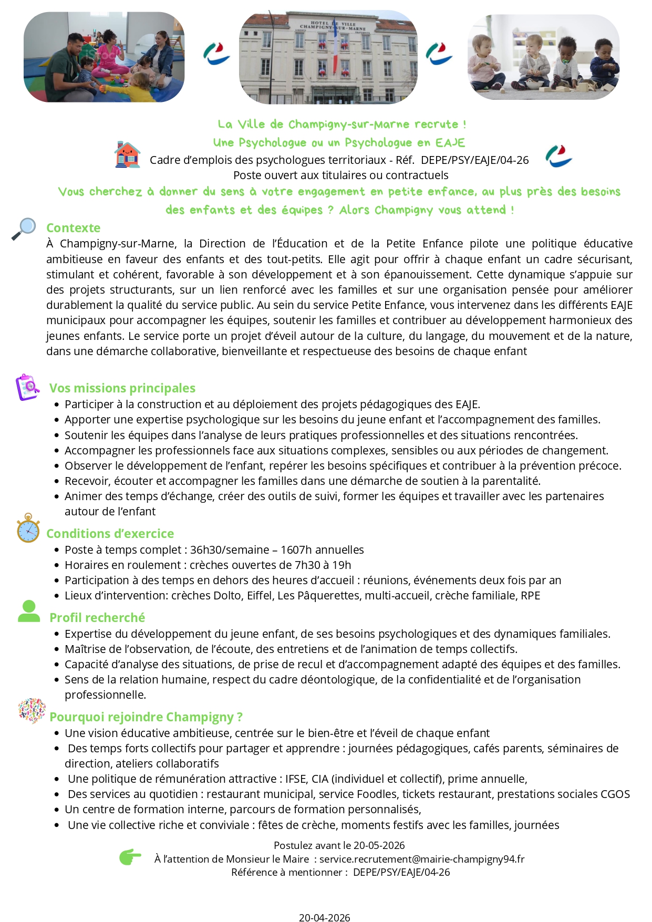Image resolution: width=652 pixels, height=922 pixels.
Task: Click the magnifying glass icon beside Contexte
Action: click(x=24, y=229)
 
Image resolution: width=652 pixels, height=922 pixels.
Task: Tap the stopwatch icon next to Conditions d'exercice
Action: click(x=28, y=529)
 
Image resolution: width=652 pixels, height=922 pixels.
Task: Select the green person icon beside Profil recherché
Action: click(x=29, y=611)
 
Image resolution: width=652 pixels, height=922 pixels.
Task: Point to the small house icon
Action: click(x=127, y=155)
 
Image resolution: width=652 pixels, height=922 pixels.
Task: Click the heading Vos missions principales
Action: click(x=122, y=388)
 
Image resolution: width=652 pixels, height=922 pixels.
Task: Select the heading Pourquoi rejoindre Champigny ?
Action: click(x=146, y=717)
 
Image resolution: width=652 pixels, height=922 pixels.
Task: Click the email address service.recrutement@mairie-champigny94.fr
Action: click(x=422, y=859)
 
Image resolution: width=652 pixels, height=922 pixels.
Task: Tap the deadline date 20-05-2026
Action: click(x=379, y=845)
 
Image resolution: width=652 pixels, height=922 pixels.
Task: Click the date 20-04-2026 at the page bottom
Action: click(x=324, y=917)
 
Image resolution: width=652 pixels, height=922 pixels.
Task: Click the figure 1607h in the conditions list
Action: click(x=296, y=550)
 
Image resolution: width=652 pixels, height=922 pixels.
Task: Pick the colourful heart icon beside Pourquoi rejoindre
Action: click(x=31, y=711)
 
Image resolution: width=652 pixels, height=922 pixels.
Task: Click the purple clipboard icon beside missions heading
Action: click(x=28, y=387)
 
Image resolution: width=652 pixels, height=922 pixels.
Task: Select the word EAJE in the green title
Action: click(x=450, y=143)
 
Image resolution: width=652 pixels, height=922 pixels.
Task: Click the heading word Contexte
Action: click(x=73, y=228)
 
